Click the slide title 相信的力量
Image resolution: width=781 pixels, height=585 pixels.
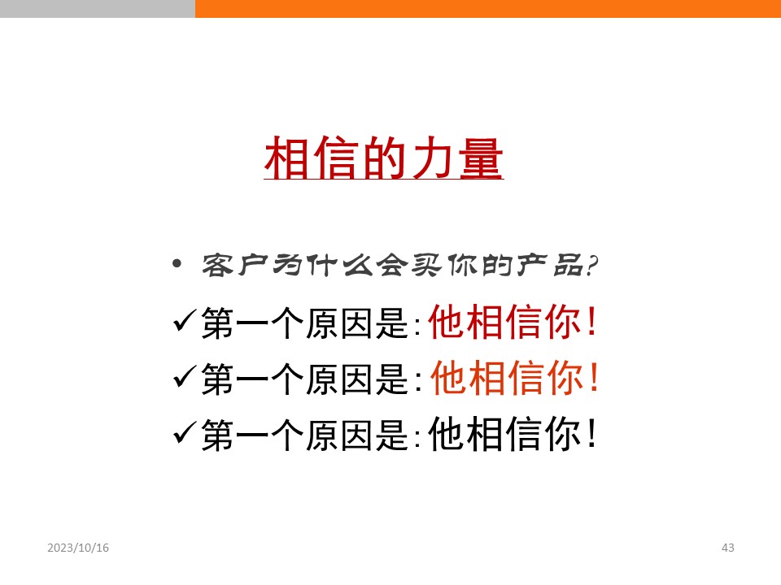pos(383,158)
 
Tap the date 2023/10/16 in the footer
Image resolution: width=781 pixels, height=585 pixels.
pos(78,548)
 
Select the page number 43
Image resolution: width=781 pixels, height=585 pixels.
pos(727,548)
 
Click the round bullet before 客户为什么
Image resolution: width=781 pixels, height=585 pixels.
pos(177,263)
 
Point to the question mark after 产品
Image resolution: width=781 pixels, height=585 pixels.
pos(591,265)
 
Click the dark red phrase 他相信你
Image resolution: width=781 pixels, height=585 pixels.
pos(504,322)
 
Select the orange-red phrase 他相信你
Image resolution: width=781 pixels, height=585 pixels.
pos(506,378)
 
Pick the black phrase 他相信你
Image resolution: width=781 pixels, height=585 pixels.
pos(504,434)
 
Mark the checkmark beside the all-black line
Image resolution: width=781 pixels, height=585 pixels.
pos(184,433)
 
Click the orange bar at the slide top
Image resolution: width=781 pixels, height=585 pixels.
pos(488,8)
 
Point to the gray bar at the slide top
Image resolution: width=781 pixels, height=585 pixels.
pos(98,8)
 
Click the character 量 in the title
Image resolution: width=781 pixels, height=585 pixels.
pos(481,158)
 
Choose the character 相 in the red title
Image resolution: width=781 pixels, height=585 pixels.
pos(286,158)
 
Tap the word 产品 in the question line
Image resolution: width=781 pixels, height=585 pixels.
pos(549,265)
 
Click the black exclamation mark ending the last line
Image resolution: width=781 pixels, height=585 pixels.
pos(591,433)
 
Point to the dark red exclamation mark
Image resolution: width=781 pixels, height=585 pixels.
pos(591,321)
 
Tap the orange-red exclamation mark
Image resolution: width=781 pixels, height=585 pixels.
pos(593,377)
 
